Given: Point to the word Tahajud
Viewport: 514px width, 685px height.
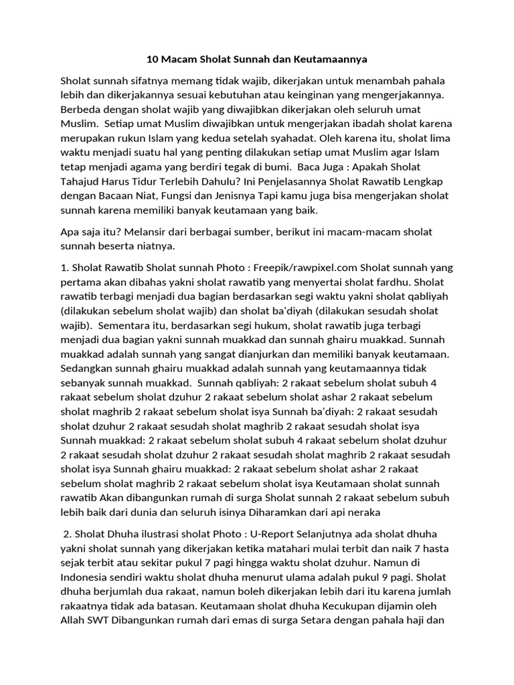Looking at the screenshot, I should pyautogui.click(x=84, y=181).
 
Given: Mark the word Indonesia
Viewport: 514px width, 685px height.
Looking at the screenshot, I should pyautogui.click(x=86, y=578).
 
